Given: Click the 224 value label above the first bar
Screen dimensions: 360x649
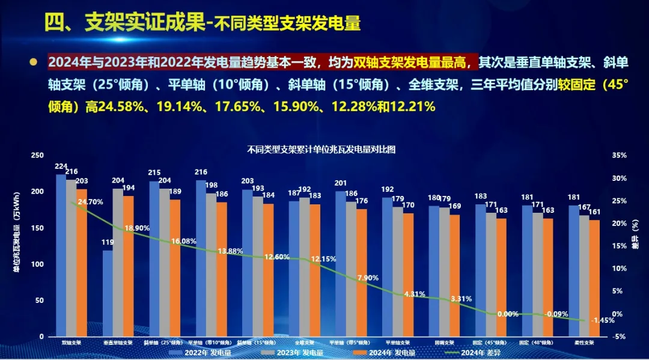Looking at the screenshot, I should [x=61, y=166].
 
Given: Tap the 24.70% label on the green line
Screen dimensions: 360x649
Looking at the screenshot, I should [x=90, y=202].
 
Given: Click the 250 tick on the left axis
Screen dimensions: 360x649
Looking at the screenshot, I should [x=37, y=155].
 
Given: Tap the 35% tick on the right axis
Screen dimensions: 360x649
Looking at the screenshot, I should [x=618, y=155].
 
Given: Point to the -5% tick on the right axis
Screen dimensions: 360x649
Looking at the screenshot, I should [x=619, y=337].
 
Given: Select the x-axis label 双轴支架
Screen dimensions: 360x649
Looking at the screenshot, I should [x=72, y=343].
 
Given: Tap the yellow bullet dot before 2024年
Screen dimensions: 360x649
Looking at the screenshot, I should [x=34, y=62].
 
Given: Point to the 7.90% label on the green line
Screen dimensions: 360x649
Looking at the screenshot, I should [x=367, y=278].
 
